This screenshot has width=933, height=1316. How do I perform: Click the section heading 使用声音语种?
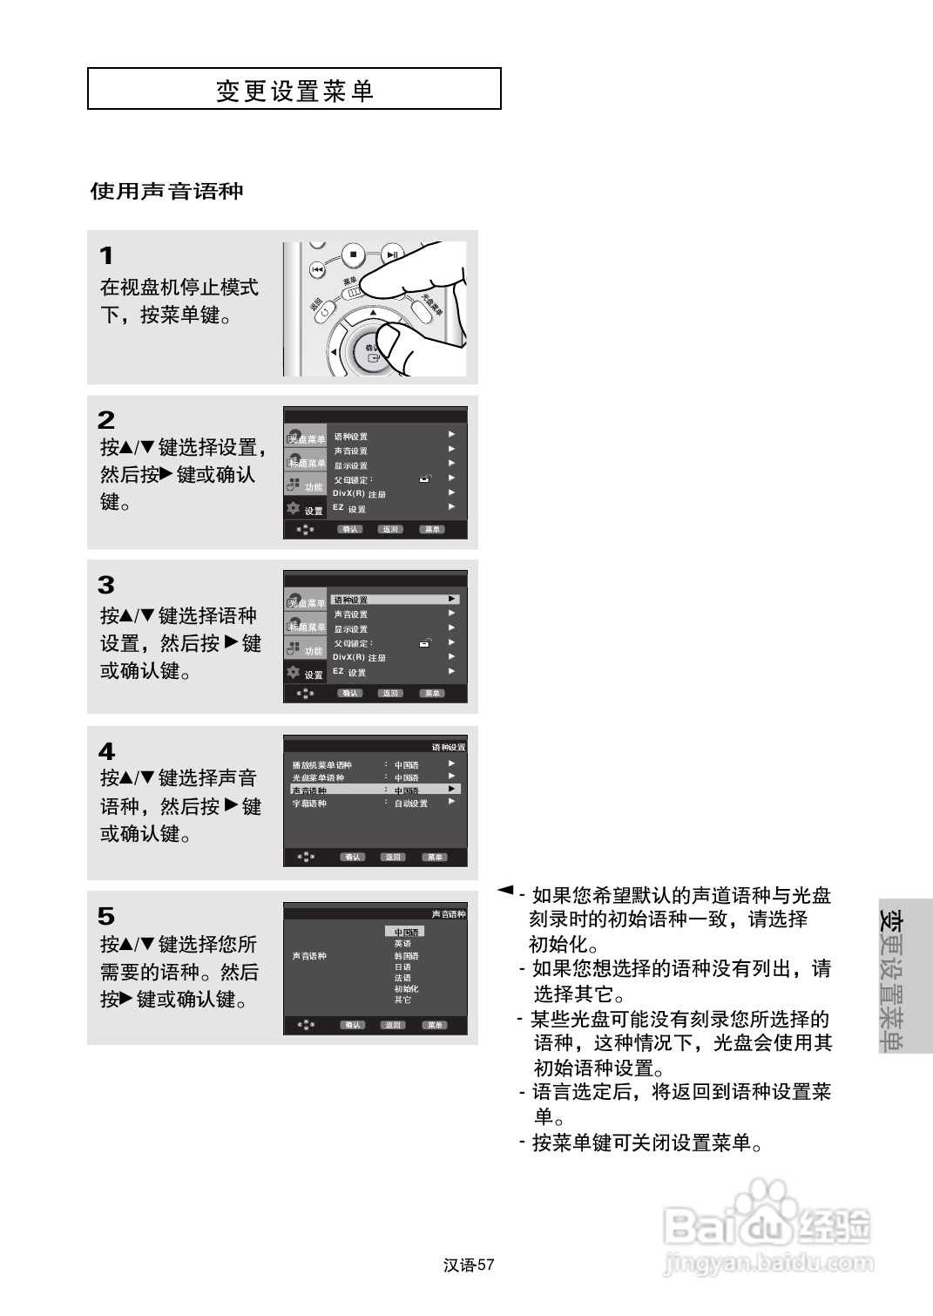(x=166, y=192)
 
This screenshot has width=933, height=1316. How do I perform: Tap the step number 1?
(x=106, y=256)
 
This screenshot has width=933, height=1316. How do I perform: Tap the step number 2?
(x=106, y=420)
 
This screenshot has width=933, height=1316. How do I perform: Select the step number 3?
(x=106, y=585)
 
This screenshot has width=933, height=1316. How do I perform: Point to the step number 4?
(x=106, y=751)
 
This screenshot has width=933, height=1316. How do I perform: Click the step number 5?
(x=106, y=916)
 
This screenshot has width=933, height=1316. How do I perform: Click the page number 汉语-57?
(x=469, y=1265)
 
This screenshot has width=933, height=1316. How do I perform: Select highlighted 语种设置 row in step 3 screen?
(x=395, y=600)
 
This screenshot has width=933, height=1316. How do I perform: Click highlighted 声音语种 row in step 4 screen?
(x=375, y=790)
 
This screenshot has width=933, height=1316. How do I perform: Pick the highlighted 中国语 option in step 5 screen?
(x=405, y=932)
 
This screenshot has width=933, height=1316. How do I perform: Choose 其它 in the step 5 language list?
(x=402, y=1000)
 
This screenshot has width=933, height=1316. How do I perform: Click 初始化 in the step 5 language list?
(x=406, y=988)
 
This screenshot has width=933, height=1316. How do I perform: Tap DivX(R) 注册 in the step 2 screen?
(x=359, y=494)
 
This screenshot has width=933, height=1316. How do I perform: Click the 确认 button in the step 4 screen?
(x=354, y=857)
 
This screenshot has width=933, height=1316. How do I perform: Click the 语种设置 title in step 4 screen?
(x=449, y=747)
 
